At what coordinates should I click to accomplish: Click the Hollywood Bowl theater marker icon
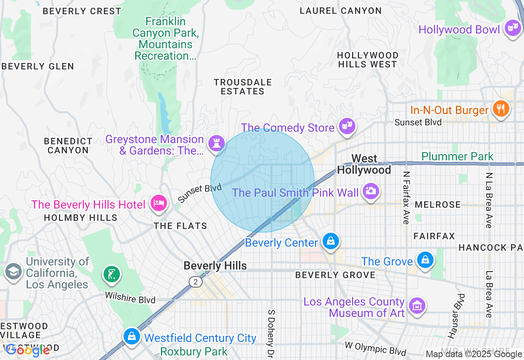512,28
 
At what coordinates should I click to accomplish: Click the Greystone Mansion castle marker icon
216,144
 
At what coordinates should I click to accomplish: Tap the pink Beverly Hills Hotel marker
158,203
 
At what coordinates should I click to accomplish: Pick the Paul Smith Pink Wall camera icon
370,191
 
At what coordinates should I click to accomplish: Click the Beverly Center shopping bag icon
330,241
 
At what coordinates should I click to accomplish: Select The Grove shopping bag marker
425,260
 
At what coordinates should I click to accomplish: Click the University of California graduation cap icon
14,272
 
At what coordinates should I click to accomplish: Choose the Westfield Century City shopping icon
131,337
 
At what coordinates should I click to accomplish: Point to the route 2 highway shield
196,281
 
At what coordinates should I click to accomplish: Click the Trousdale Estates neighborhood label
243,87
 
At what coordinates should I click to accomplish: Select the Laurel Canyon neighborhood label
341,11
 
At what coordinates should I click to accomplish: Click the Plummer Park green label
457,156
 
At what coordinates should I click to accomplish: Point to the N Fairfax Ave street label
406,198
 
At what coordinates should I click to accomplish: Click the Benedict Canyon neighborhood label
68,146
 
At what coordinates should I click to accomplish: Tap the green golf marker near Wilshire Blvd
112,274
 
